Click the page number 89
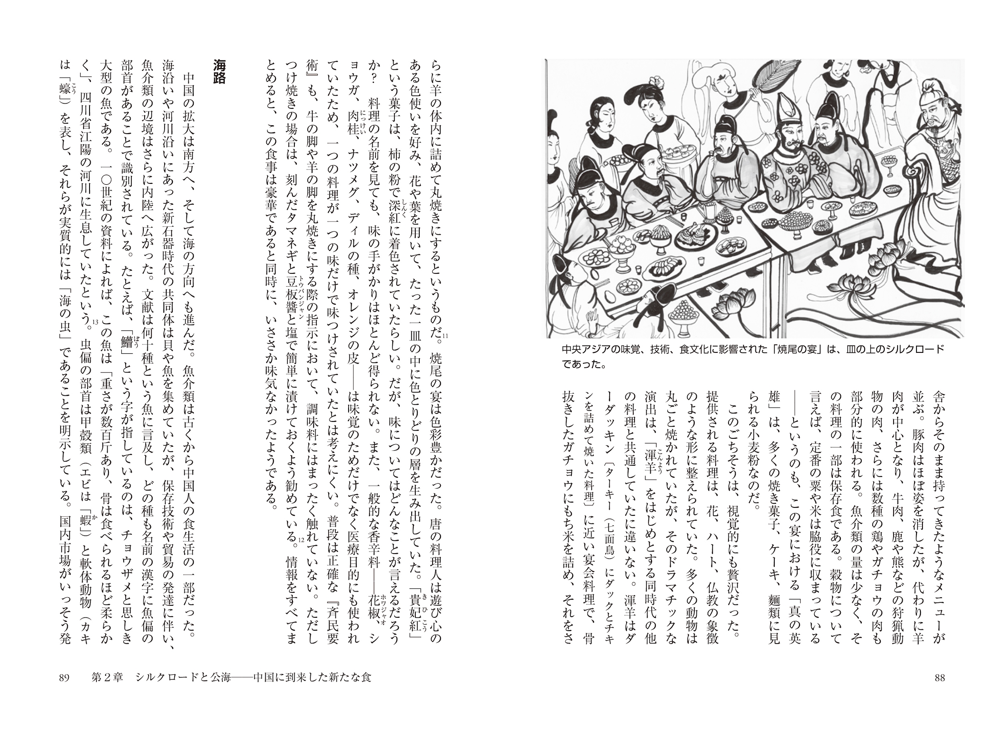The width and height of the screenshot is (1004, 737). (x=64, y=678)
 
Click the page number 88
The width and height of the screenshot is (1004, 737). (x=939, y=678)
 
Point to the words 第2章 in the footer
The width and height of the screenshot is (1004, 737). (x=107, y=678)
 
